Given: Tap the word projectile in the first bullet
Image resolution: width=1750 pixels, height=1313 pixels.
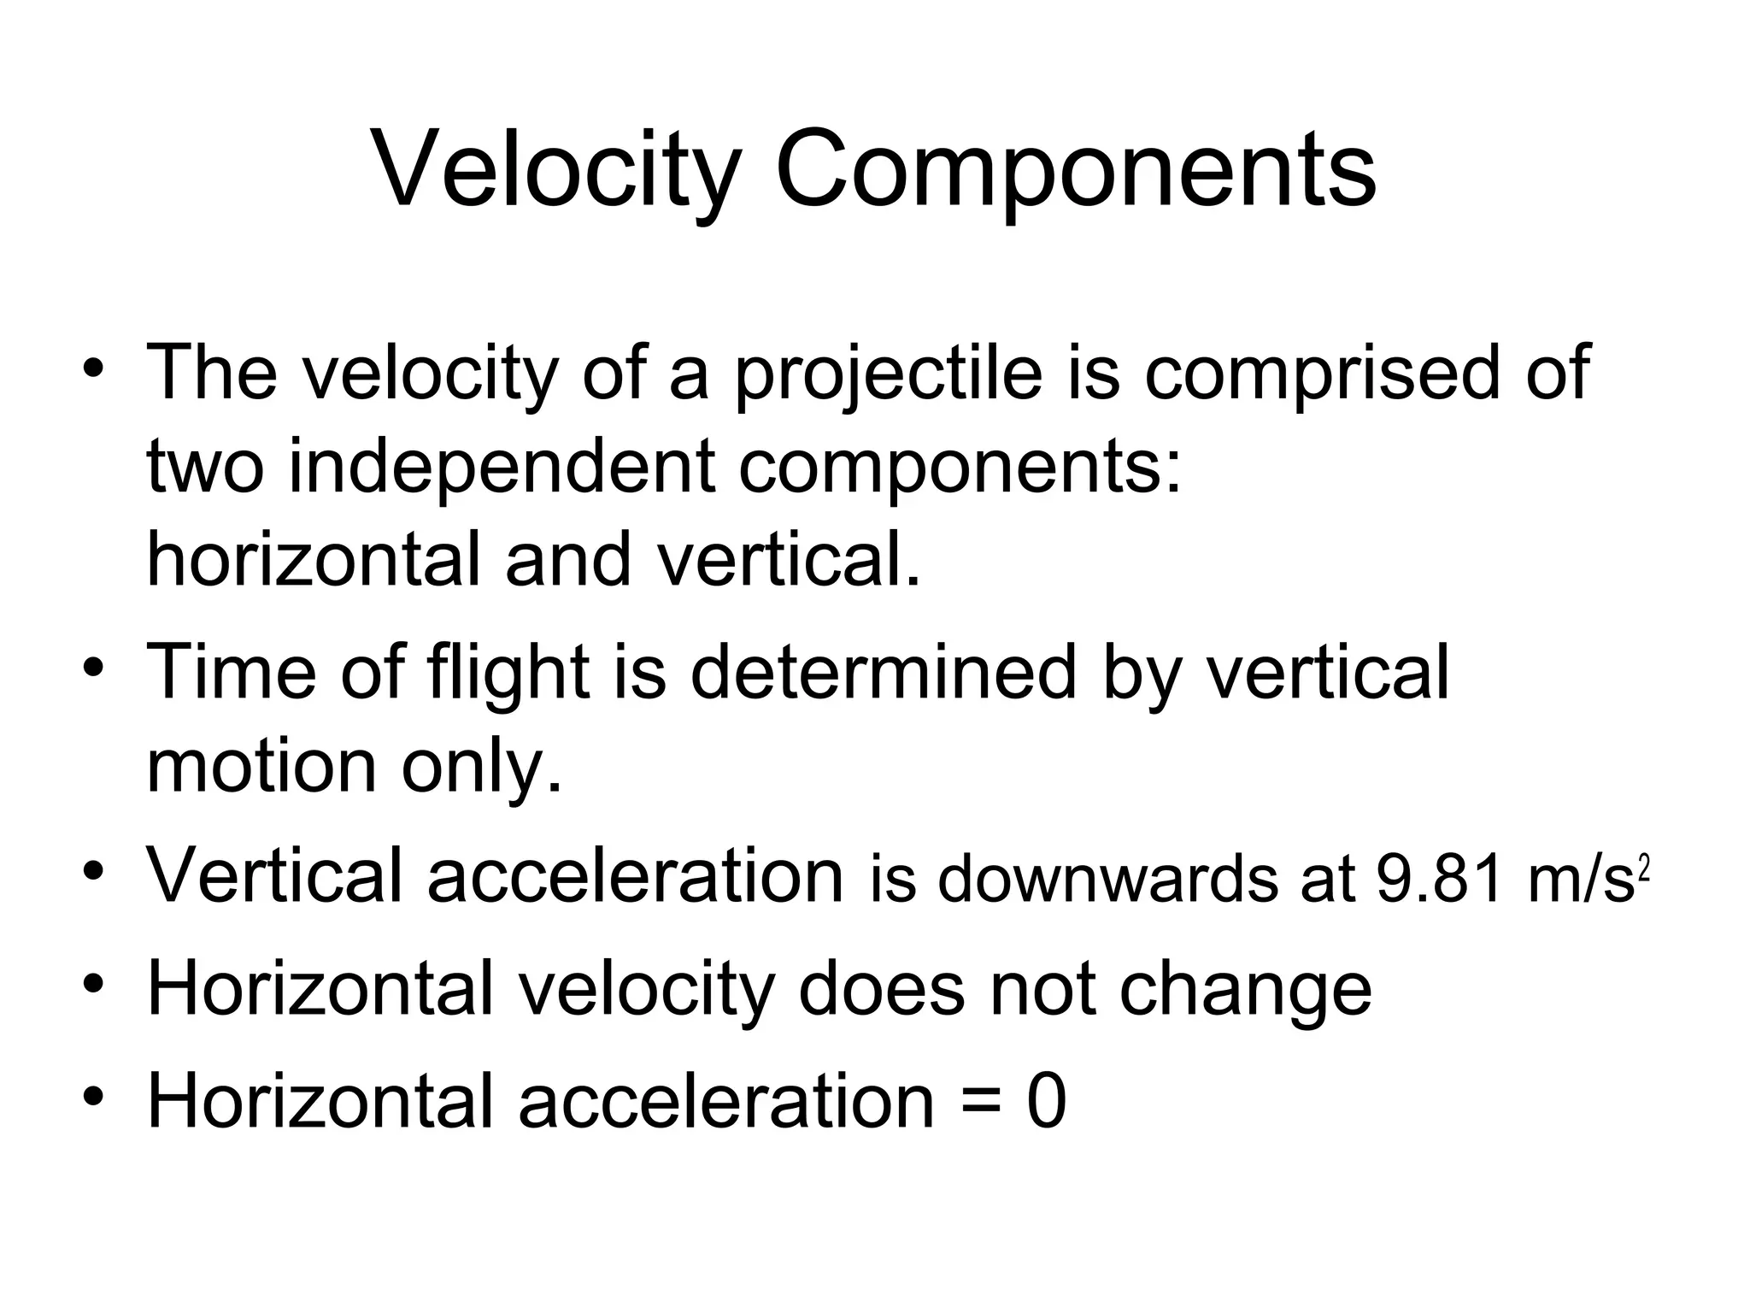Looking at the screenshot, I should point(889,376).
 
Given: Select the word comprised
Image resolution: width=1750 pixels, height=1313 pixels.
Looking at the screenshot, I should point(1321,376).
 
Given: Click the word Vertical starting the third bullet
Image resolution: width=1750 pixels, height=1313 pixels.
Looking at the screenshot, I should point(274,876).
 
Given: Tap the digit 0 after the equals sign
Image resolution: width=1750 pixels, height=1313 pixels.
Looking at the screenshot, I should point(1046,1103).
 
